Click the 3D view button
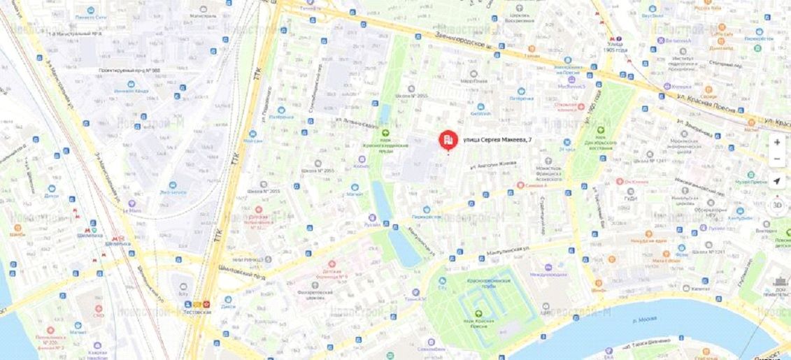pyautogui.click(x=777, y=206)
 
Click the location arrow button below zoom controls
pyautogui.click(x=777, y=181)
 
